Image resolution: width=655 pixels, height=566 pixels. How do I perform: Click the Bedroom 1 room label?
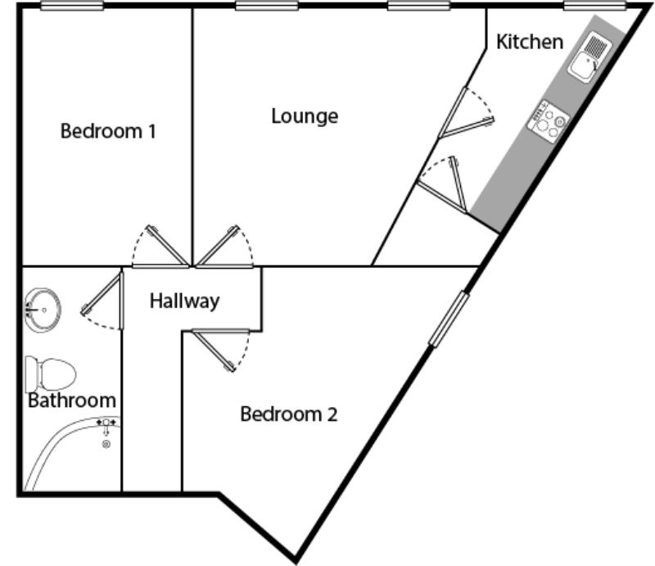tap(108, 131)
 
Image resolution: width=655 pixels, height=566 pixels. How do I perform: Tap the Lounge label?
tap(305, 116)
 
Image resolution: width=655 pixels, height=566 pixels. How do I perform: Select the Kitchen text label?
tap(530, 42)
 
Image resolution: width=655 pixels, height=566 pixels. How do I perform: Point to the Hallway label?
tap(185, 301)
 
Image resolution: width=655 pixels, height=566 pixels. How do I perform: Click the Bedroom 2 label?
tap(289, 414)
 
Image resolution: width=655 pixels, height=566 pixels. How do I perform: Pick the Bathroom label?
tap(72, 401)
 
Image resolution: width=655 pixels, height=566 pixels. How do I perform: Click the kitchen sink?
tap(589, 57)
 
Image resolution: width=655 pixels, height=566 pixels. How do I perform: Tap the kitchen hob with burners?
tap(548, 122)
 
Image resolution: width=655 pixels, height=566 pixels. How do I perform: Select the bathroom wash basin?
tap(43, 310)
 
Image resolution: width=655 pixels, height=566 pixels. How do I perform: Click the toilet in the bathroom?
tap(50, 374)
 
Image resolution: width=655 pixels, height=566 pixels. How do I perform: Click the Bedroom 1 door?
tap(160, 247)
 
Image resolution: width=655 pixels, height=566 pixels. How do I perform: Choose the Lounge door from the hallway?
tap(224, 247)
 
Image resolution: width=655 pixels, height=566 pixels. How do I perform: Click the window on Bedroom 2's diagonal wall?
tap(449, 319)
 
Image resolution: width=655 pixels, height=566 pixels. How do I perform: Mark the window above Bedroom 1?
tap(72, 6)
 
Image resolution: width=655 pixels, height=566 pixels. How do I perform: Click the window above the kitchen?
tap(595, 6)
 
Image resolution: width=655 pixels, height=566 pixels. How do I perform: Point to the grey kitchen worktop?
tap(548, 125)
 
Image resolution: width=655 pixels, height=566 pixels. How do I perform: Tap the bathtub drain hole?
tap(106, 444)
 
